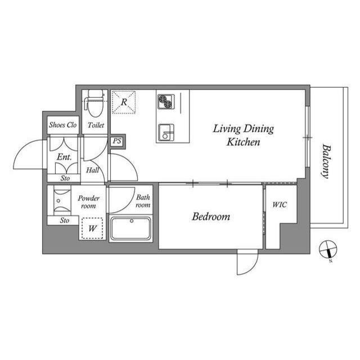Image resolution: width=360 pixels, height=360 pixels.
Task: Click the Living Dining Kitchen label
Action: pyautogui.click(x=243, y=136)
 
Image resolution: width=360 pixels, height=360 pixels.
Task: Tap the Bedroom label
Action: pyautogui.click(x=211, y=217)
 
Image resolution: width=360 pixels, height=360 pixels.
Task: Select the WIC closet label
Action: pyautogui.click(x=280, y=205)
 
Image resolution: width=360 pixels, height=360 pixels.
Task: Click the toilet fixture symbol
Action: pyautogui.click(x=93, y=102)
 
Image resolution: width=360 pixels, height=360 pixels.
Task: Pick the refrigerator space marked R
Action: pyautogui.click(x=123, y=103)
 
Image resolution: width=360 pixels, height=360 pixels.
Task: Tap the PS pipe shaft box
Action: pyautogui.click(x=117, y=141)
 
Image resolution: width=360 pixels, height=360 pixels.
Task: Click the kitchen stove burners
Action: pyautogui.click(x=165, y=101)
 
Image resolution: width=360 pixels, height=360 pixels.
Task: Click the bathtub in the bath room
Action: pyautogui.click(x=130, y=229)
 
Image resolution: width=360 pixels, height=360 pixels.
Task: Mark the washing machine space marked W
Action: pyautogui.click(x=92, y=228)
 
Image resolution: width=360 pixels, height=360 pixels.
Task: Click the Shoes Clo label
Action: pyautogui.click(x=62, y=125)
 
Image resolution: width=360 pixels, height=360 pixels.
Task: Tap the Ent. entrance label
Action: pyautogui.click(x=64, y=157)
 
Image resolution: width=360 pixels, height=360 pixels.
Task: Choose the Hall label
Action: pyautogui.click(x=93, y=170)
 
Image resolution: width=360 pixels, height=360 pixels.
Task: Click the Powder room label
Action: pyautogui.click(x=88, y=201)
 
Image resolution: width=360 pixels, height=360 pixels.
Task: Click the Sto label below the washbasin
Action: pyautogui.click(x=65, y=220)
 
